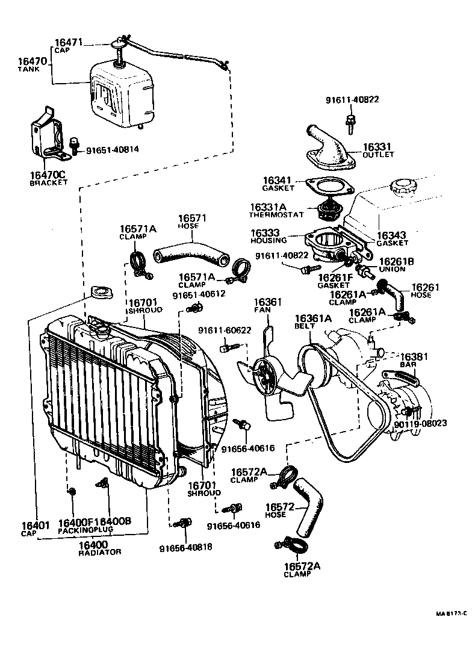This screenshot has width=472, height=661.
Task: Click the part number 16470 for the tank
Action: (32, 61)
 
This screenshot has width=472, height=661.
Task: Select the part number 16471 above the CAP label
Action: (69, 42)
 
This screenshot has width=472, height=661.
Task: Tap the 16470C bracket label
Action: (48, 175)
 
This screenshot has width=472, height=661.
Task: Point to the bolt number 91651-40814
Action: (113, 150)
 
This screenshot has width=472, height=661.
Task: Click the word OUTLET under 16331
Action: (378, 155)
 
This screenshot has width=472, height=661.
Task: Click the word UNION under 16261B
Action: (393, 269)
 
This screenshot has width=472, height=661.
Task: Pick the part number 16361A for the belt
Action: (312, 318)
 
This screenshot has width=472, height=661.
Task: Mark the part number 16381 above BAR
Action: (414, 357)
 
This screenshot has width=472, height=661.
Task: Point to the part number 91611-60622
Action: (225, 330)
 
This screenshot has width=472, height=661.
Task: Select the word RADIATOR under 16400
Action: (100, 552)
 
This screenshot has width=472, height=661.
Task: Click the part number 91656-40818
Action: (185, 548)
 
